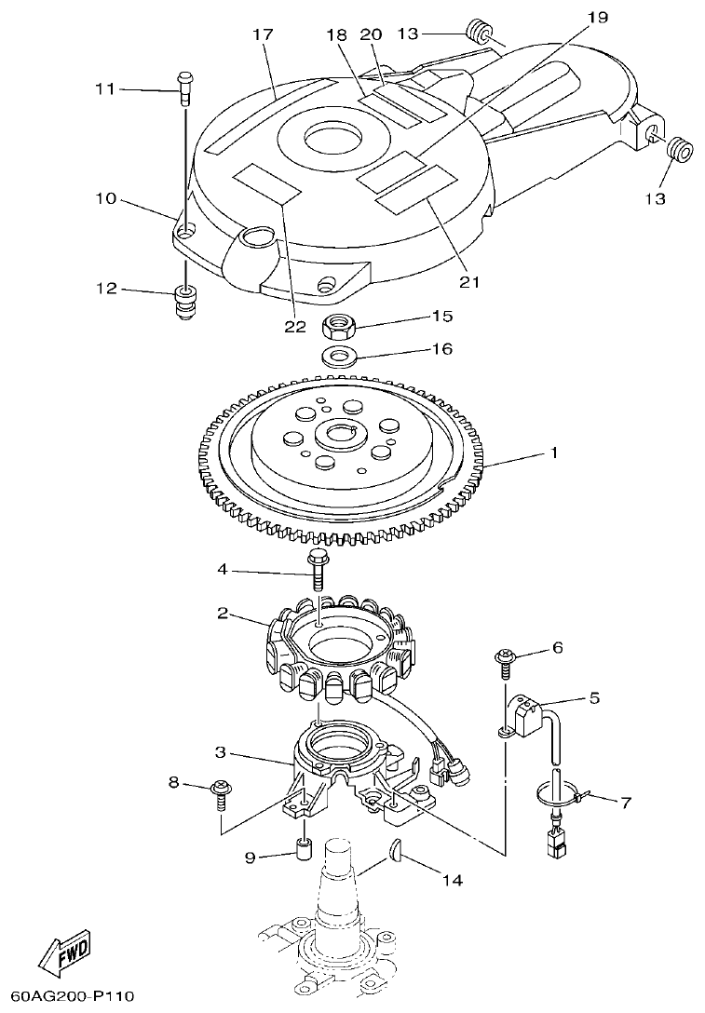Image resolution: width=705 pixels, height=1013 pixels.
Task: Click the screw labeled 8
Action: [x=222, y=791]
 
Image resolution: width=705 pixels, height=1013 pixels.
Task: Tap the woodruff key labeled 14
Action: [x=395, y=848]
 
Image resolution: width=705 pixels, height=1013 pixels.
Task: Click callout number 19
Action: [x=597, y=16]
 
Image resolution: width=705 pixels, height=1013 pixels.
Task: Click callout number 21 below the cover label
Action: [x=470, y=281]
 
